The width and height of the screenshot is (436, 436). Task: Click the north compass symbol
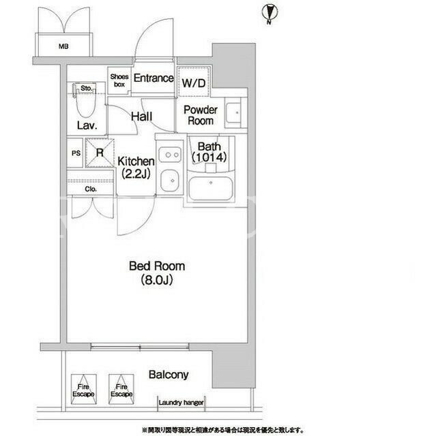(x=270, y=14)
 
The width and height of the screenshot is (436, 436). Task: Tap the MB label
(x=63, y=46)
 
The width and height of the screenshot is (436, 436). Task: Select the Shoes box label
(x=119, y=80)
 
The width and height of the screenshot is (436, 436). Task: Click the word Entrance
(x=154, y=78)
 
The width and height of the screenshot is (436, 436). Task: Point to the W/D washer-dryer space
(x=194, y=82)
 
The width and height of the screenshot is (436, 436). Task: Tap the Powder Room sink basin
(x=233, y=113)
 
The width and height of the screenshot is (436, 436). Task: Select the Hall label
(x=142, y=116)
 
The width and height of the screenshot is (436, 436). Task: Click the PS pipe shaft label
(x=76, y=153)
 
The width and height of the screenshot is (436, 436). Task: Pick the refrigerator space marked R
(x=100, y=153)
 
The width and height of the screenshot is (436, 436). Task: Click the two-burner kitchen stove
(x=170, y=155)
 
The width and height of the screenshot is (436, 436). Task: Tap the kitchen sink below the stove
(x=170, y=181)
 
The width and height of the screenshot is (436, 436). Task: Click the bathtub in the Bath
(x=211, y=188)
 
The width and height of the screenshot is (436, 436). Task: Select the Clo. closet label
(x=91, y=189)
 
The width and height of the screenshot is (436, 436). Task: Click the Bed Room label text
(x=157, y=266)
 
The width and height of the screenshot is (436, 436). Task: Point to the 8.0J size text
(x=157, y=280)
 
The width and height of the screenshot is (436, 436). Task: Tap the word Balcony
(x=169, y=375)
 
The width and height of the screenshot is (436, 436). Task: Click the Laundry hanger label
(x=181, y=403)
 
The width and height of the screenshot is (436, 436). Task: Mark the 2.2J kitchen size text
(x=136, y=174)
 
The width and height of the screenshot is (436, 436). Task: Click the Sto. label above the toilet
(x=86, y=89)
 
